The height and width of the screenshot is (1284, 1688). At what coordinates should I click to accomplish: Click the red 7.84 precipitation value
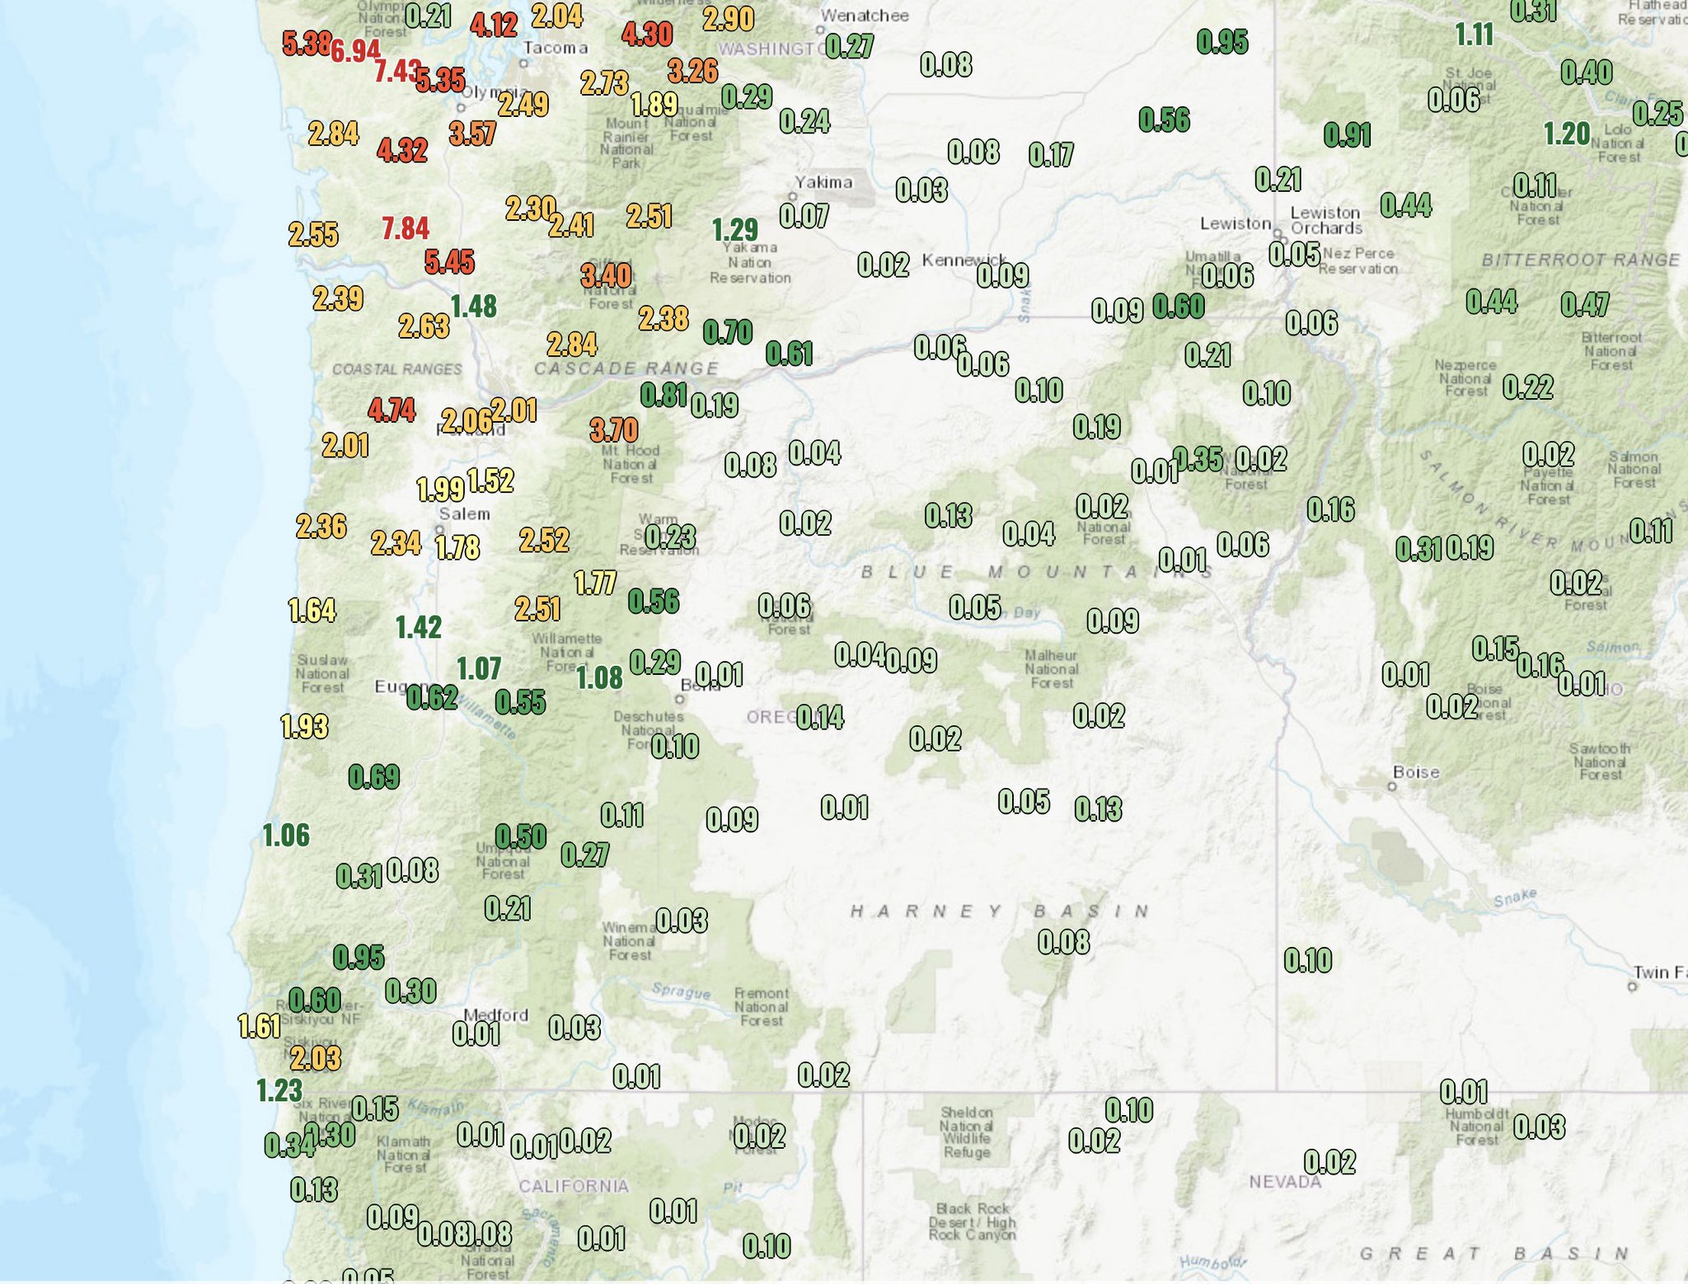point(406,228)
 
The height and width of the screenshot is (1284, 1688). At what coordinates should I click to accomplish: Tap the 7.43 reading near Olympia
point(397,71)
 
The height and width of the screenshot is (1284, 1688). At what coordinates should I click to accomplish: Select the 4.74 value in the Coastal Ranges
point(392,410)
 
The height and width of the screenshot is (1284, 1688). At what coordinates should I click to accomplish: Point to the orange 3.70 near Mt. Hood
point(614,429)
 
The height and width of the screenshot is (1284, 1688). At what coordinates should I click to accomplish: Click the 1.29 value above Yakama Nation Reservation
point(734,229)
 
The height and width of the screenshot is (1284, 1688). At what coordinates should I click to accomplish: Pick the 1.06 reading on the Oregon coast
point(286,835)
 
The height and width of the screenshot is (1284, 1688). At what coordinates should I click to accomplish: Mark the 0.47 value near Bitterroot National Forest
point(1585,305)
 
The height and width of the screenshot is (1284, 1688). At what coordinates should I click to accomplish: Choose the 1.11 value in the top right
point(1474,35)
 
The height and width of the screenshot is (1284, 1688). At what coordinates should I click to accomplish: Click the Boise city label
point(1416,772)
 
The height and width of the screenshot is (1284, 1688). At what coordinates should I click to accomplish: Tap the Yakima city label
point(823,182)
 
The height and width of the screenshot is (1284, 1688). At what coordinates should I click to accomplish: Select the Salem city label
point(464,514)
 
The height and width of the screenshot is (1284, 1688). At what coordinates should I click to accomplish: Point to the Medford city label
point(496,1015)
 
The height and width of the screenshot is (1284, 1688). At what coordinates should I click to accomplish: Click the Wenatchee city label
point(865,16)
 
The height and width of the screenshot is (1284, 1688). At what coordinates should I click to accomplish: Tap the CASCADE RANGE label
point(626,368)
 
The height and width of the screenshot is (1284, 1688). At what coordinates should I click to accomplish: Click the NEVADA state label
point(1285,1182)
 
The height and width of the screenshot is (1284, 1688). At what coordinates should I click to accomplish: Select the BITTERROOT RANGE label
point(1580,260)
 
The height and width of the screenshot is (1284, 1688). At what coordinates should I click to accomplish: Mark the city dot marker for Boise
point(1392,786)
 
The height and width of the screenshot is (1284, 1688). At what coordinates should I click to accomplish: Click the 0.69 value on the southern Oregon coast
point(374,776)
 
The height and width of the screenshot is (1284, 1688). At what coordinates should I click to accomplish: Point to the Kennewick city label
point(964,260)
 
